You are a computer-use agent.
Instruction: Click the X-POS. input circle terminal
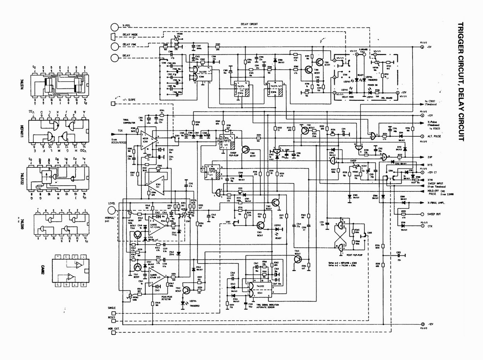pos(115,27)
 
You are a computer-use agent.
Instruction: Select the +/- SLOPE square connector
pos(113,103)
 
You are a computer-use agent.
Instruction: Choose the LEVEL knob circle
pos(112,211)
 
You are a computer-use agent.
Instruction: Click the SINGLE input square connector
pos(113,313)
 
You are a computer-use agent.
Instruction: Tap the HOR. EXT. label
pos(114,329)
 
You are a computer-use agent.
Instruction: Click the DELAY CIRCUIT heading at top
pos(249,24)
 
